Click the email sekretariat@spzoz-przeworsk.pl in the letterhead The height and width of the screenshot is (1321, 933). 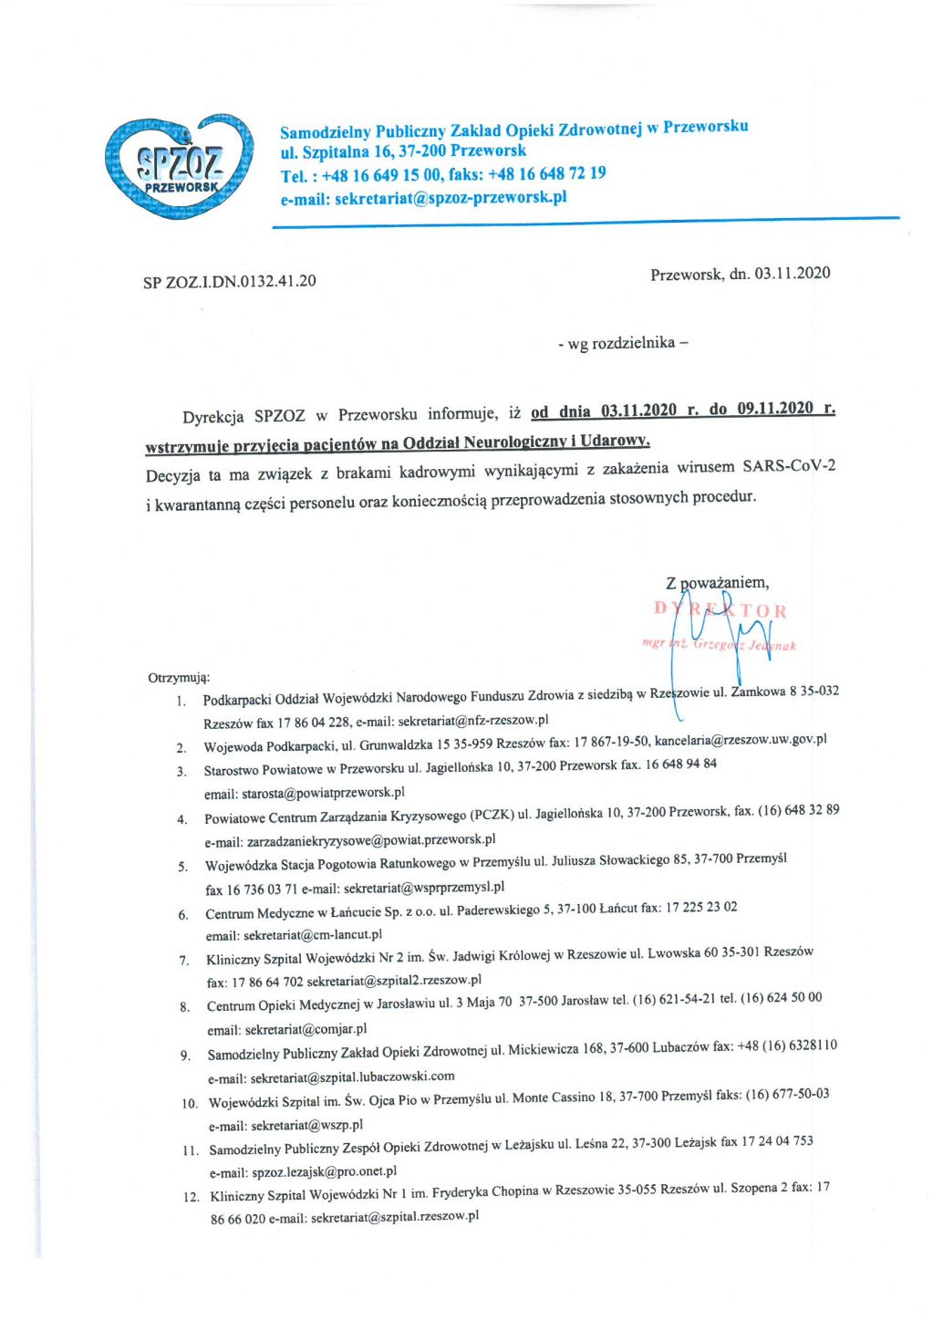click(450, 198)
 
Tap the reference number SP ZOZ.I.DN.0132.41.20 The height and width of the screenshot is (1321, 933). click(229, 281)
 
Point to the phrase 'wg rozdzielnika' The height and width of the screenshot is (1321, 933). click(621, 343)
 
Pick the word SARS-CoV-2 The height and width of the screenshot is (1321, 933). click(788, 466)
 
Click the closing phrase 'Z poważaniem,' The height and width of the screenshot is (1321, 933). click(717, 582)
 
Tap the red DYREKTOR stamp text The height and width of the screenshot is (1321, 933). click(720, 610)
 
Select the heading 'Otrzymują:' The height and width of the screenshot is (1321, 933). click(179, 678)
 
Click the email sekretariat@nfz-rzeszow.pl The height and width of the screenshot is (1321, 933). click(473, 721)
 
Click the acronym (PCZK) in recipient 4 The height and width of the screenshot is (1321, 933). click(492, 815)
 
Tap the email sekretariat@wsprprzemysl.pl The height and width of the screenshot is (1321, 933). click(423, 887)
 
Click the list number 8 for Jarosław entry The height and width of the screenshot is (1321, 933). click(184, 1007)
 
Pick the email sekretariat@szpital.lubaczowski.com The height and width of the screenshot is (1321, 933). click(352, 1077)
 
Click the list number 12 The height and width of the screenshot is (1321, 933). click(191, 1197)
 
